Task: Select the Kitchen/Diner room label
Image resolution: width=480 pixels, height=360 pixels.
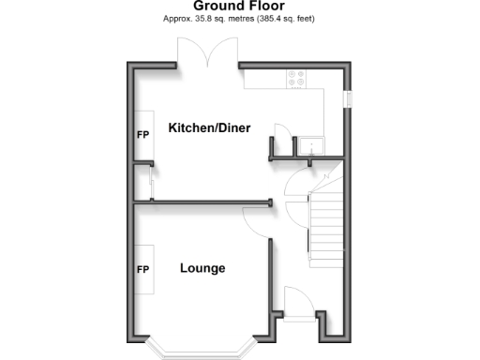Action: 209,127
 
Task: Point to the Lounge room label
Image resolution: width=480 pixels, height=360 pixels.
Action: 202,268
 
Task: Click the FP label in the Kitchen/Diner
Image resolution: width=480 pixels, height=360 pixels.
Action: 143,135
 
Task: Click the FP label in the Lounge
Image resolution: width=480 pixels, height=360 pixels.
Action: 143,270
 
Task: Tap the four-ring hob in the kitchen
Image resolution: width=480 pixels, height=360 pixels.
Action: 297,79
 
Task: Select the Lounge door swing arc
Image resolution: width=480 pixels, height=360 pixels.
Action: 256,219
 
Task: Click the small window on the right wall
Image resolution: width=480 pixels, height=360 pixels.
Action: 346,97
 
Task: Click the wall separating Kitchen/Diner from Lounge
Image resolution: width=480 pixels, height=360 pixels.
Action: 202,201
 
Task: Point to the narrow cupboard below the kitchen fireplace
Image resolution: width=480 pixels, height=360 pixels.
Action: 142,181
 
